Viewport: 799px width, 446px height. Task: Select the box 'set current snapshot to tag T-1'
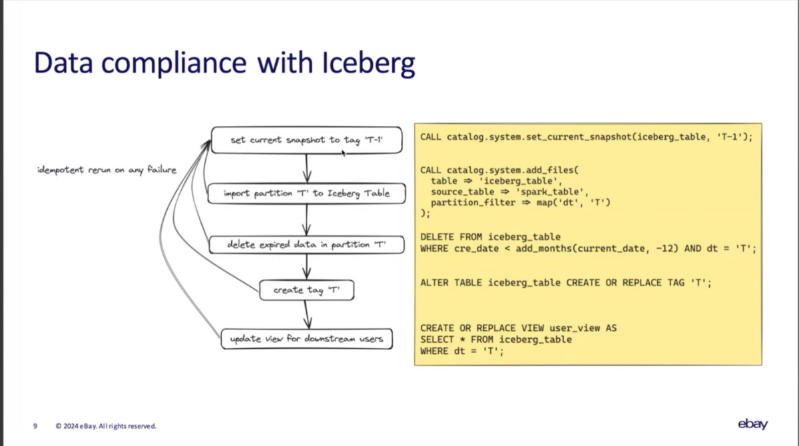click(x=306, y=140)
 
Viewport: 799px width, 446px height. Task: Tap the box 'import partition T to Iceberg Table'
click(x=306, y=194)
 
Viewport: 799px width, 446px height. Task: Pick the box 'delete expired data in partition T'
click(x=306, y=245)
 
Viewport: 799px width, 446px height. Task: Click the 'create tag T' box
click(x=306, y=290)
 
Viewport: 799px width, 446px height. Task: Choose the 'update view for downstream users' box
click(x=306, y=339)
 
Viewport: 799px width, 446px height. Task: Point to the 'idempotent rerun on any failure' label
click(x=107, y=170)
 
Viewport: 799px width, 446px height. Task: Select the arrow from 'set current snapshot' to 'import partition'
click(x=306, y=168)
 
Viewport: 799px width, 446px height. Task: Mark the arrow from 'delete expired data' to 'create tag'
click(x=306, y=267)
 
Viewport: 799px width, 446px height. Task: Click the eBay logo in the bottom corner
click(x=752, y=425)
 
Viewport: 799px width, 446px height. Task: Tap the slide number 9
click(x=35, y=426)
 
